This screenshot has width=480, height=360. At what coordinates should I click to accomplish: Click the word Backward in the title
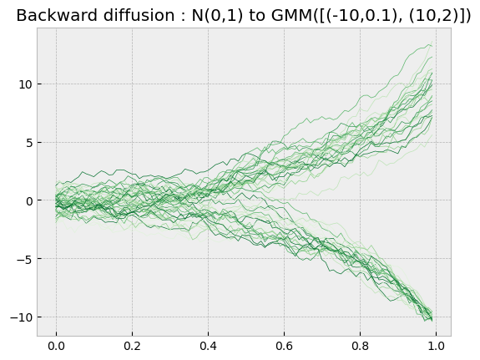[57, 15]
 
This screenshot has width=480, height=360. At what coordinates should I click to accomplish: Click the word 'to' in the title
[258, 15]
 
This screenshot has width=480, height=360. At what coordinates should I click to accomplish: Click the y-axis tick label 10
[25, 84]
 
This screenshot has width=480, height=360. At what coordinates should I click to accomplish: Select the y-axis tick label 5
[29, 143]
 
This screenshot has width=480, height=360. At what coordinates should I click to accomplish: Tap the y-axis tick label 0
[29, 201]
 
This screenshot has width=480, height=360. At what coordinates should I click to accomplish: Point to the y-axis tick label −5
[25, 259]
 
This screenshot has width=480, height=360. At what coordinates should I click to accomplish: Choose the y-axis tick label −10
[22, 317]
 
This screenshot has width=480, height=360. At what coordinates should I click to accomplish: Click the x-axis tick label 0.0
[56, 346]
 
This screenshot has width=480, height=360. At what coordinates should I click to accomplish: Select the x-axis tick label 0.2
[132, 346]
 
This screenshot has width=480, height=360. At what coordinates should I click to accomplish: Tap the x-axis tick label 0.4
[208, 346]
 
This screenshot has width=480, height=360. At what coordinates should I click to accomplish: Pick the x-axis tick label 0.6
[284, 346]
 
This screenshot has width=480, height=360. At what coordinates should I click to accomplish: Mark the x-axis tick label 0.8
[360, 346]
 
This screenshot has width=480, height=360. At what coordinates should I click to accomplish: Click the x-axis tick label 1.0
[436, 346]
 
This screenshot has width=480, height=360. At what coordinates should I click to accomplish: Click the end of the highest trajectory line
[432, 41]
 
